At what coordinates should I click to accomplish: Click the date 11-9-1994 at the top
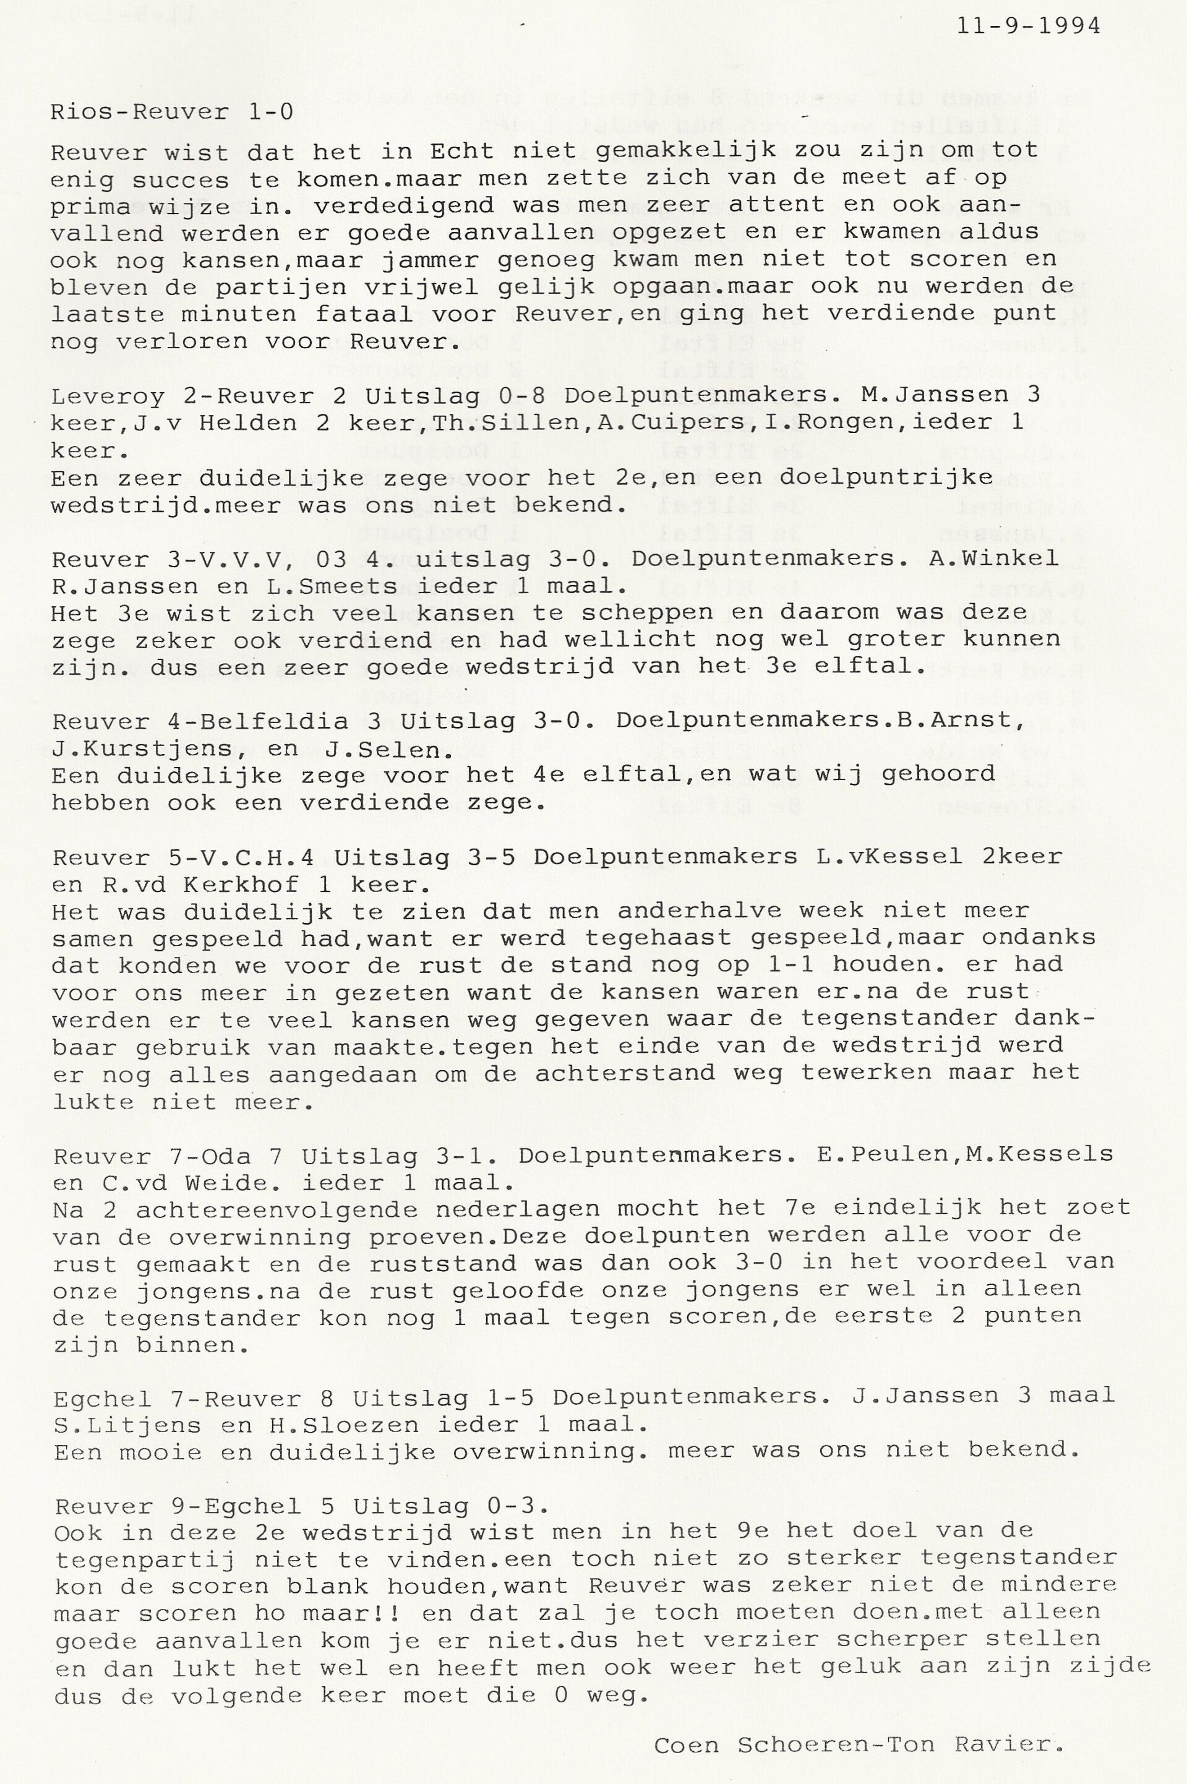click(x=1029, y=26)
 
